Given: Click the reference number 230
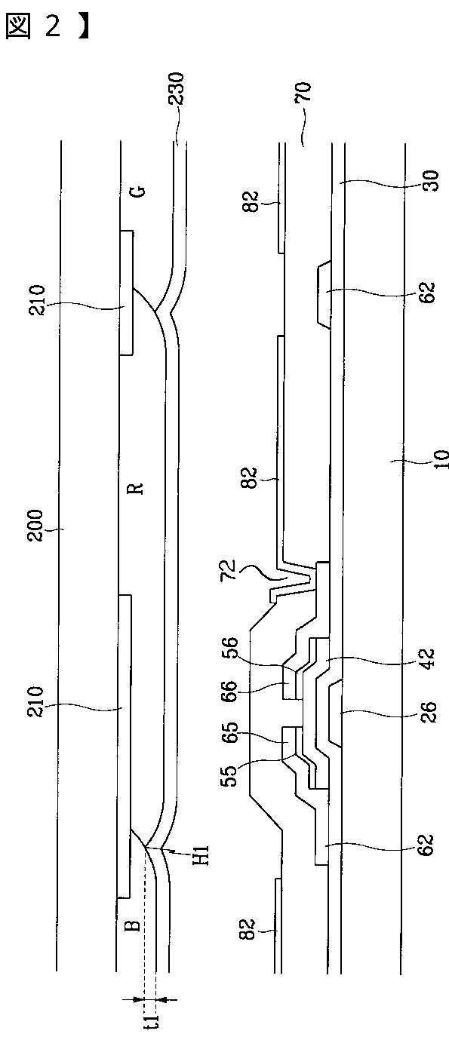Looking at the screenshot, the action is [176, 89].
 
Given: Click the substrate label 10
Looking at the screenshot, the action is [441, 459].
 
